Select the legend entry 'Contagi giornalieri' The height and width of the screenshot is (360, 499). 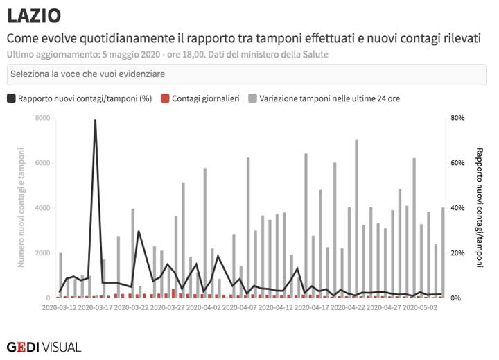pos(205,98)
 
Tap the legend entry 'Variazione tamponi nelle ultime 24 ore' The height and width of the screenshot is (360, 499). pos(329,98)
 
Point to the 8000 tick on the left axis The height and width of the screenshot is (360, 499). pos(42,118)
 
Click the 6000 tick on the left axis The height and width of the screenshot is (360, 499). pos(42,163)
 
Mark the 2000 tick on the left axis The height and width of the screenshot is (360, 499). pos(42,253)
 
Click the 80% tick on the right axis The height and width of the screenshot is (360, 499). pos(457,118)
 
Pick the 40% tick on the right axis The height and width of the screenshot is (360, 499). pos(457,208)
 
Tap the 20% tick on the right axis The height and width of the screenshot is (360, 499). pos(457,253)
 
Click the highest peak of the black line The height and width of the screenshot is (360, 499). pos(95,120)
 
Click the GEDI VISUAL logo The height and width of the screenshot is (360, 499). pos(44,346)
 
